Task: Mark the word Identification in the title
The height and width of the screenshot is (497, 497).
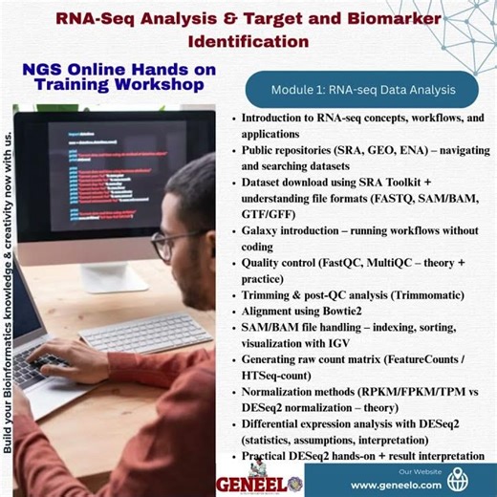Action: point(248,41)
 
